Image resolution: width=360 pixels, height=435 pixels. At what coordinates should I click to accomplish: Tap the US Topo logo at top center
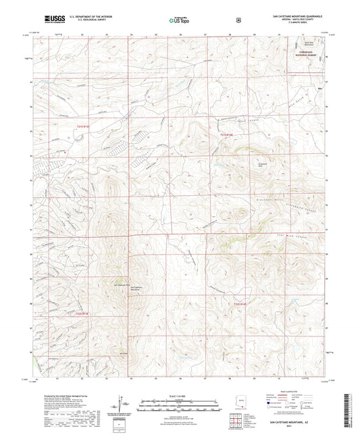click(178, 21)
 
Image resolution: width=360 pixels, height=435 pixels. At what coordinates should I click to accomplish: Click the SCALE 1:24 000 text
click(180, 395)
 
